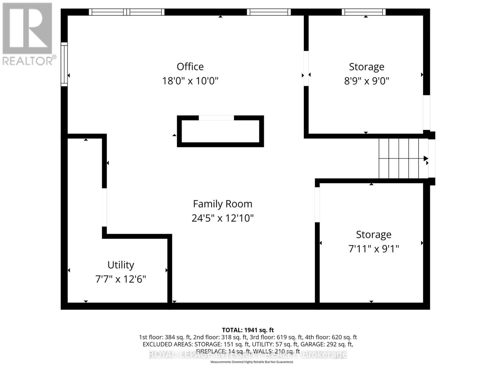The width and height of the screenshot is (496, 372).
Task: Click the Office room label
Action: click(x=190, y=67)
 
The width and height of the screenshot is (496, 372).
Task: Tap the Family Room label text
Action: click(x=223, y=204)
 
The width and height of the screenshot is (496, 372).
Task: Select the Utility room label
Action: click(x=121, y=265)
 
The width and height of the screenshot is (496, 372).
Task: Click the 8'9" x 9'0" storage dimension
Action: click(x=366, y=81)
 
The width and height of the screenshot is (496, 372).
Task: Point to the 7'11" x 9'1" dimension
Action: click(x=374, y=249)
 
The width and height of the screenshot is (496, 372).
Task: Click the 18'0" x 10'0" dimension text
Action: click(x=190, y=81)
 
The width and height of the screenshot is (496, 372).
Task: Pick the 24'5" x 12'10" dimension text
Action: click(x=223, y=218)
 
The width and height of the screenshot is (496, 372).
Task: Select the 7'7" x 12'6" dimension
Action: click(x=121, y=279)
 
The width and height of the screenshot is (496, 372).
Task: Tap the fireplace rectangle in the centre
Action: click(x=220, y=131)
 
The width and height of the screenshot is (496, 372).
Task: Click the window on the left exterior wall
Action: click(x=64, y=64)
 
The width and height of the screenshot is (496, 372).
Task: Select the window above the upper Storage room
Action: click(x=364, y=12)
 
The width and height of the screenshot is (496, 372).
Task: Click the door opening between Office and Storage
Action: click(x=306, y=68)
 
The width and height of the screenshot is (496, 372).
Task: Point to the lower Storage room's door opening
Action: click(x=317, y=205)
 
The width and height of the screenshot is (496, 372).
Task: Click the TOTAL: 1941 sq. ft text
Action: click(x=248, y=330)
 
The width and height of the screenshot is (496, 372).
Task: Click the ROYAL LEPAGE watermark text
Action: click(x=248, y=355)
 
